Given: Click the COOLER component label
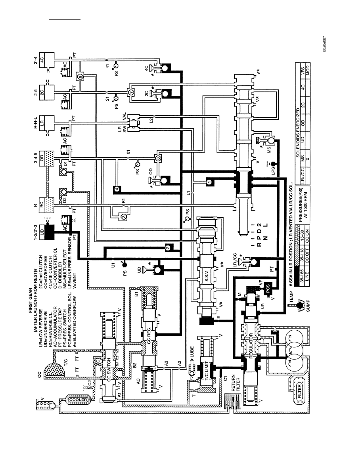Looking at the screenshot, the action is pyautogui.click(x=78, y=400).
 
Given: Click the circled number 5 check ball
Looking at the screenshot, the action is pyautogui.click(x=80, y=77).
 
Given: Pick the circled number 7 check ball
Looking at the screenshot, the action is pyautogui.click(x=130, y=92).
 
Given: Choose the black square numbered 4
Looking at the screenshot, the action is pyautogui.click(x=117, y=189).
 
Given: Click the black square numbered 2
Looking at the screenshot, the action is pyautogui.click(x=168, y=247).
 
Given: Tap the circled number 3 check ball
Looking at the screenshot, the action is pyautogui.click(x=123, y=216).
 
